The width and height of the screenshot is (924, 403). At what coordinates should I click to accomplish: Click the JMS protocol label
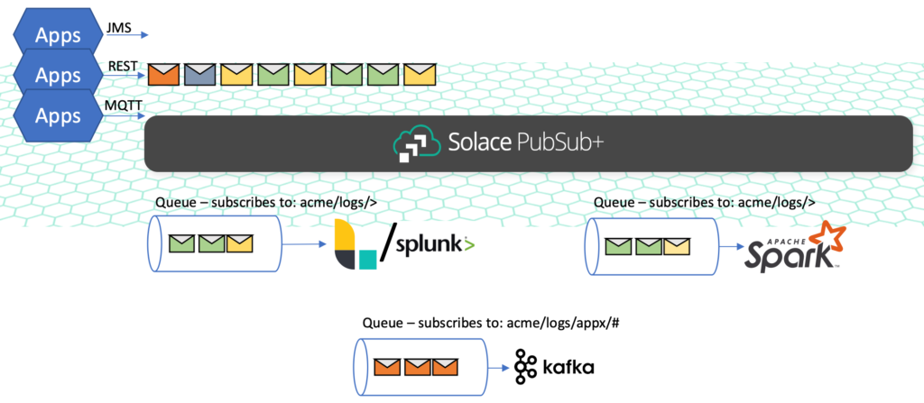click(x=118, y=28)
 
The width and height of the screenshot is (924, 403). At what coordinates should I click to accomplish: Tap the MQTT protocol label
click(x=121, y=105)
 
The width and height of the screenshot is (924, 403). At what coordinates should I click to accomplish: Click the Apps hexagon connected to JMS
click(x=57, y=36)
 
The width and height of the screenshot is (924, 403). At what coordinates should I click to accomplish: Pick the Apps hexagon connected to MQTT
click(x=57, y=115)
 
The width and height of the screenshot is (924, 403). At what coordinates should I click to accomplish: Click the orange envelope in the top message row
click(x=163, y=74)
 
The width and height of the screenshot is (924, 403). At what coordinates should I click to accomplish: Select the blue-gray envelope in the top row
click(x=200, y=74)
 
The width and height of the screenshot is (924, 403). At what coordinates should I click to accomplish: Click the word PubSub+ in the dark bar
click(x=538, y=142)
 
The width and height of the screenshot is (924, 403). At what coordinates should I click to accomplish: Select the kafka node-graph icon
click(x=525, y=366)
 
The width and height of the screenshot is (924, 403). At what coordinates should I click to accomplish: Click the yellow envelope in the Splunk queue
click(x=239, y=243)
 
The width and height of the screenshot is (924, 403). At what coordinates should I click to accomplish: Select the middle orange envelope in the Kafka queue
click(x=417, y=367)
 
